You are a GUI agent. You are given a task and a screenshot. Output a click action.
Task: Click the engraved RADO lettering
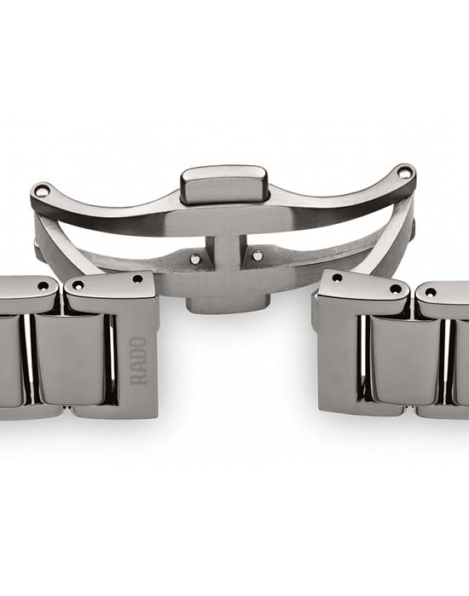point(138,361)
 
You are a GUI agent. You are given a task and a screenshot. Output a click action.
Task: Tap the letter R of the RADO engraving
point(138,380)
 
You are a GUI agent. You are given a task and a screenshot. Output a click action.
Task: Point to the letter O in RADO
point(138,342)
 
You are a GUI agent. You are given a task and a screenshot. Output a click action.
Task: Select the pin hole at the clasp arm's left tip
point(42,189)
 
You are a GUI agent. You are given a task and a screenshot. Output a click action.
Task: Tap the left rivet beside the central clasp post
point(195,258)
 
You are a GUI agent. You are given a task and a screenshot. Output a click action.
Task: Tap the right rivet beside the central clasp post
point(258,255)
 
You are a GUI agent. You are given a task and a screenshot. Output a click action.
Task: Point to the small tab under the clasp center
point(228,305)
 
